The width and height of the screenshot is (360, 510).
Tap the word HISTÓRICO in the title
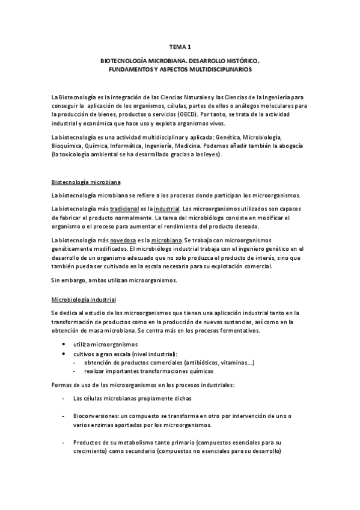click(239, 61)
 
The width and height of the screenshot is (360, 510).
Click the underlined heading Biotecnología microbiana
click(88, 181)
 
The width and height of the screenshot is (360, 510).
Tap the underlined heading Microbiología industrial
click(84, 299)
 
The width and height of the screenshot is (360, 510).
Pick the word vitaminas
click(240, 363)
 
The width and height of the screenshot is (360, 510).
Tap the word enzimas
click(103, 424)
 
